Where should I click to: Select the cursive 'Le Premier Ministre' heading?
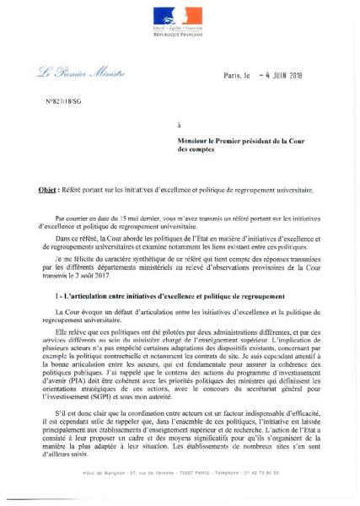coord(81,74)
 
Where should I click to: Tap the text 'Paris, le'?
coord(238,76)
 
